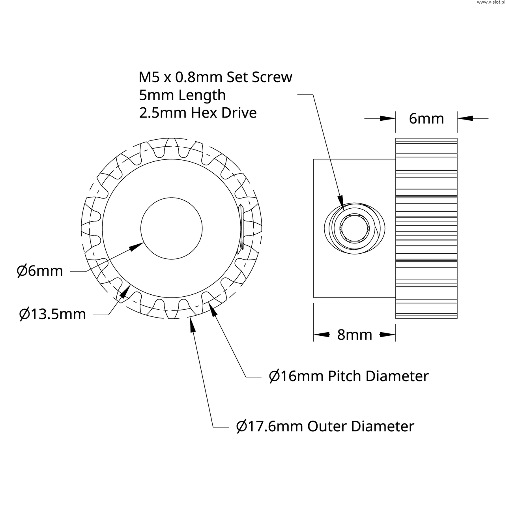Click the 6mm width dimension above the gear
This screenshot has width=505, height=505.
[x=426, y=118]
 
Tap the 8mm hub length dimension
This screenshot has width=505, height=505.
[x=354, y=335]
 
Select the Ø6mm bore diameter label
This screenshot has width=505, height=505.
[x=40, y=271]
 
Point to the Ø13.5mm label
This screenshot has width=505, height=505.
[x=52, y=314]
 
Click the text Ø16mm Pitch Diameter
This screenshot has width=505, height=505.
[x=348, y=376]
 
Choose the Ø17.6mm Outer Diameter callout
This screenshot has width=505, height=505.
[x=325, y=426]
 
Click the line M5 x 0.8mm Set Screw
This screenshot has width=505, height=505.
[x=215, y=77]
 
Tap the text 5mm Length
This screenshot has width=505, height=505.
[x=182, y=95]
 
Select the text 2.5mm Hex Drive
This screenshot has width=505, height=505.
[x=198, y=113]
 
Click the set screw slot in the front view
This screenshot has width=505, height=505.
[x=241, y=229]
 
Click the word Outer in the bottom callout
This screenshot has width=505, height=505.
[x=327, y=426]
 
